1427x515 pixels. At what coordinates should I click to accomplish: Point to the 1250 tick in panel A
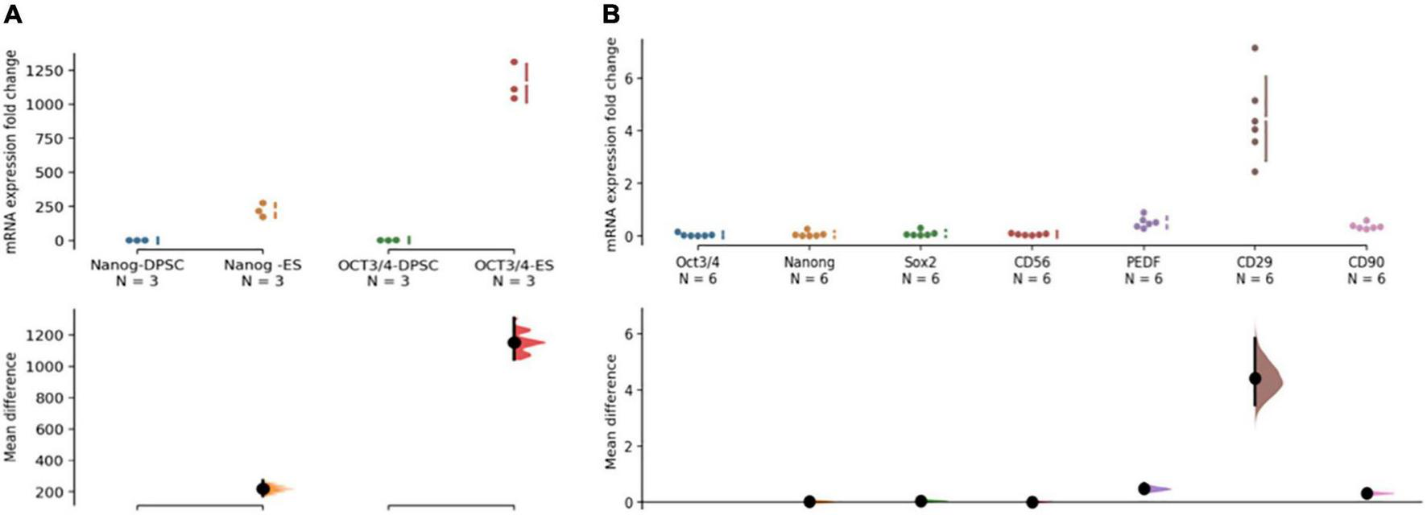tap(46, 71)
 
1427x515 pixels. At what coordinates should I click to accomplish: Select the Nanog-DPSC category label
tap(137, 265)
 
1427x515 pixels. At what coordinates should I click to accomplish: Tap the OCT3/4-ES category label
tap(514, 265)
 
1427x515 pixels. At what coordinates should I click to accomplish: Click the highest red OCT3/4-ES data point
tap(514, 62)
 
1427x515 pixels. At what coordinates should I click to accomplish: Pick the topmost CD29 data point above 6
tap(1255, 48)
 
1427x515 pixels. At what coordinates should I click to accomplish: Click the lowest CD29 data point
tap(1255, 171)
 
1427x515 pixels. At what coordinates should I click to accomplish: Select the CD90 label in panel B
tap(1366, 262)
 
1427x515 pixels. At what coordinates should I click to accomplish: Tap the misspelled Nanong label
tap(809, 262)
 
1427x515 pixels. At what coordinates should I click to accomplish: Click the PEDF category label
tap(1144, 262)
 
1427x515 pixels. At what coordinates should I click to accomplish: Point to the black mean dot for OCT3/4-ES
tap(514, 343)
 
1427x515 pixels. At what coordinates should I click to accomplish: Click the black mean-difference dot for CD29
tap(1255, 378)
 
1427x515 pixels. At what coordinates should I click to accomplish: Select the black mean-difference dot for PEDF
tap(1144, 488)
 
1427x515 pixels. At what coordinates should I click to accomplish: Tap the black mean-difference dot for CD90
tap(1367, 493)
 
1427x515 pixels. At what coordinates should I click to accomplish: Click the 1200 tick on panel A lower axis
tap(46, 335)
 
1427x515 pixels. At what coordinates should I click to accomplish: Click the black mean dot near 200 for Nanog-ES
tap(263, 488)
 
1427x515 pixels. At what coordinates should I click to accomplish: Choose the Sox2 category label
tap(920, 262)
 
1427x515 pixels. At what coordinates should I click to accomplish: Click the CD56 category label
tap(1032, 262)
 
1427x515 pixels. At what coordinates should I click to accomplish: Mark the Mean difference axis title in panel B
tap(612, 411)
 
